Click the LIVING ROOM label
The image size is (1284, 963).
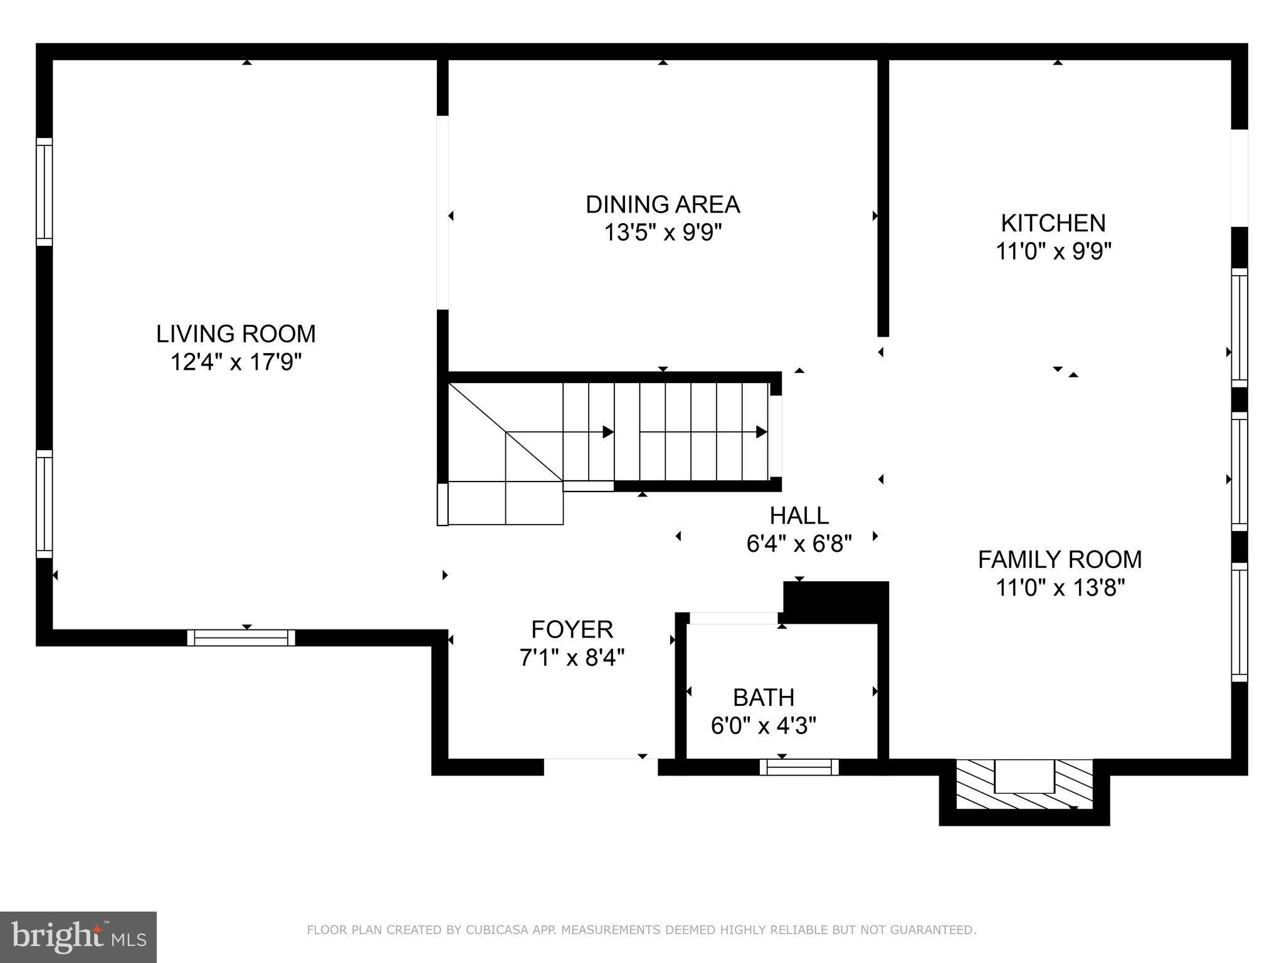click(236, 334)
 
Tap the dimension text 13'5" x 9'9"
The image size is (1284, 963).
click(663, 233)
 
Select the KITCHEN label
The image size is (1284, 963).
click(1053, 223)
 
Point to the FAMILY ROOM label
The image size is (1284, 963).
click(1060, 559)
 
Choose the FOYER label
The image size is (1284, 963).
click(572, 629)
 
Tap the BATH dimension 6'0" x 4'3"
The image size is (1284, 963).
click(763, 726)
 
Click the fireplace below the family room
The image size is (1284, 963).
click(1024, 784)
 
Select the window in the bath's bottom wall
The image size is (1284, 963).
click(799, 767)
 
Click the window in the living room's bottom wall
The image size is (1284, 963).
click(241, 638)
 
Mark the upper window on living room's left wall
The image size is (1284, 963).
click(44, 191)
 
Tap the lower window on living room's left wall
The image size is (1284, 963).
click(44, 503)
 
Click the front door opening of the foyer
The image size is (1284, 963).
click(600, 760)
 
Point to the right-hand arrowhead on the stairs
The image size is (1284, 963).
click(761, 432)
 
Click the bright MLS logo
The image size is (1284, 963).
click(78, 937)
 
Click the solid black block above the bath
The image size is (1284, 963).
click(836, 601)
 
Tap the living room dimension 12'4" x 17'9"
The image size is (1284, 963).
click(236, 362)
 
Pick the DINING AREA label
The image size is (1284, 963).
click(663, 204)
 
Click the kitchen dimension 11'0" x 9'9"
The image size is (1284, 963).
click(1053, 252)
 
